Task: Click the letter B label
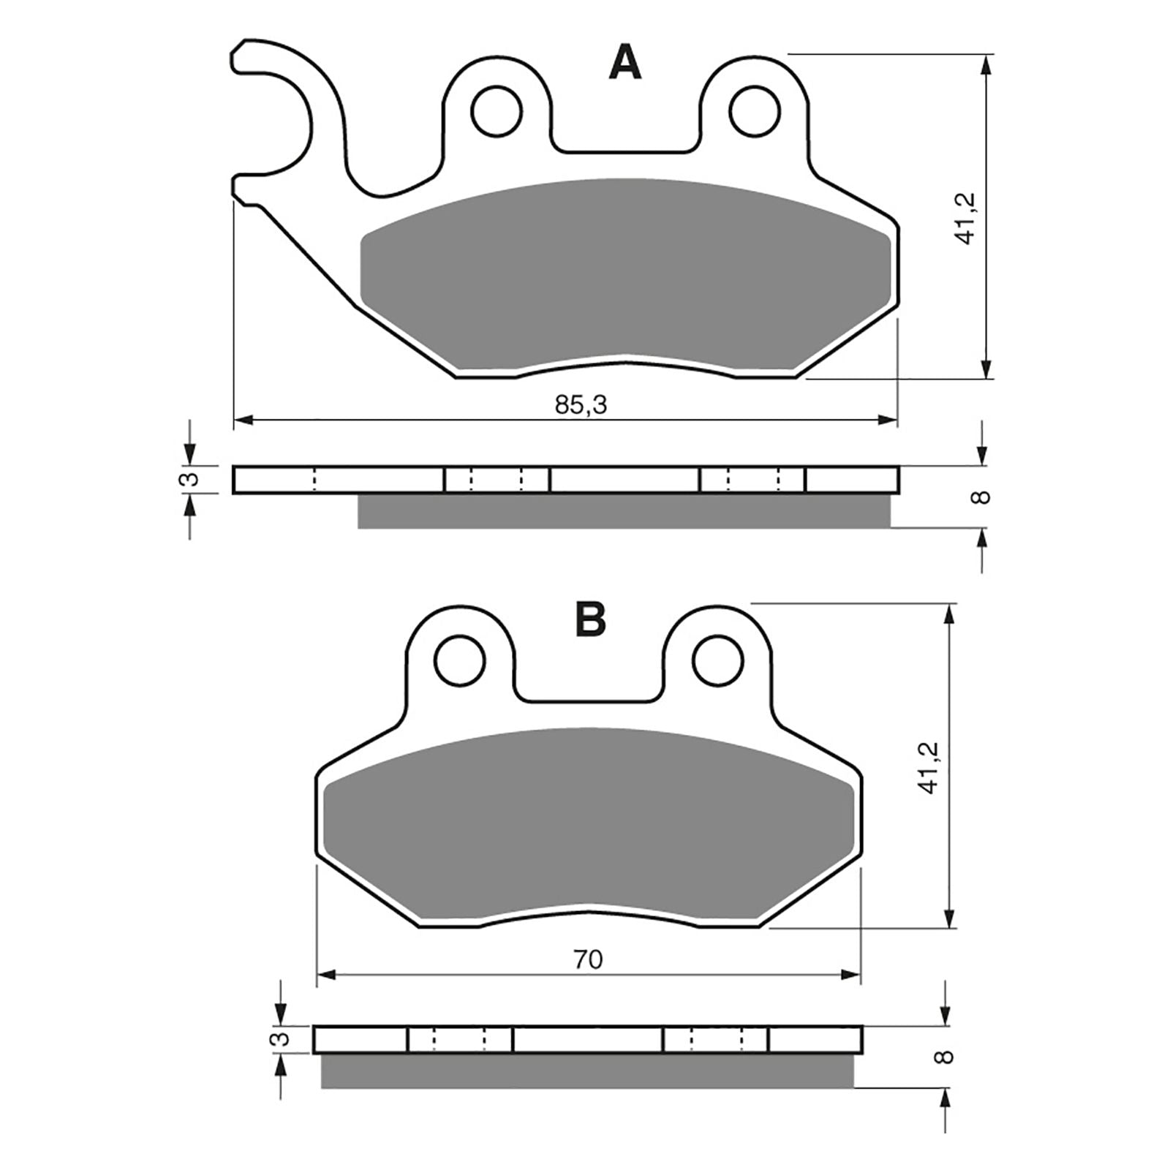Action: click(590, 620)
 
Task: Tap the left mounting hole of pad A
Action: click(497, 111)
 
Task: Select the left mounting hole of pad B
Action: click(460, 660)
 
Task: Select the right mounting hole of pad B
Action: click(718, 660)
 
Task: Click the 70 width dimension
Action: click(588, 959)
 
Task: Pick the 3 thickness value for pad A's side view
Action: click(189, 480)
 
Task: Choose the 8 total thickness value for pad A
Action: click(983, 497)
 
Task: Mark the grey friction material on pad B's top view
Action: click(589, 826)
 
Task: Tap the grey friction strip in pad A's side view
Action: click(624, 511)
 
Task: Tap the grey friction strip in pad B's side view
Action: click(587, 1071)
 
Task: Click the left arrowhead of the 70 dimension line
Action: click(326, 974)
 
